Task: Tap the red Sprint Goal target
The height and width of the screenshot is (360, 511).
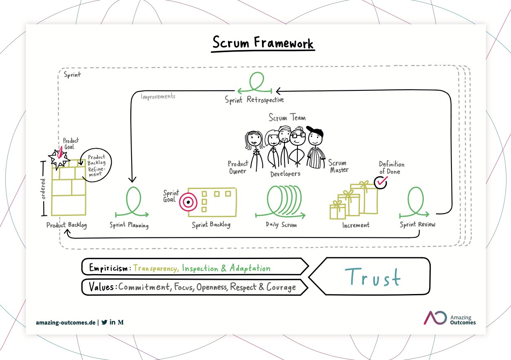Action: [x=188, y=202]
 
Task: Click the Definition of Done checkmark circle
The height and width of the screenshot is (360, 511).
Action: [x=381, y=182]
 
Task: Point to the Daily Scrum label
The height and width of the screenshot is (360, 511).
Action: [x=281, y=225]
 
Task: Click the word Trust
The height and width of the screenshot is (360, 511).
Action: [x=372, y=277]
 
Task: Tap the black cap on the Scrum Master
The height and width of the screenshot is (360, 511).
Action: [x=315, y=131]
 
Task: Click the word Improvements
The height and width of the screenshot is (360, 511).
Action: [x=158, y=97]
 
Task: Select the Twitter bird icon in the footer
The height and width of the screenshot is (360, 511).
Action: [x=104, y=322]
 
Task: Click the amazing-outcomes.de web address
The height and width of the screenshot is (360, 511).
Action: [x=66, y=323]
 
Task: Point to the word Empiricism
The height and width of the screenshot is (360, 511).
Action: [x=108, y=268]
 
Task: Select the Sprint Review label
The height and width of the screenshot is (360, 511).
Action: [x=417, y=224]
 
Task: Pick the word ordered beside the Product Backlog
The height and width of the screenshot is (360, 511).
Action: [x=43, y=189]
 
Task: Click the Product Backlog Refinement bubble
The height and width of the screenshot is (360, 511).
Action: [x=97, y=165]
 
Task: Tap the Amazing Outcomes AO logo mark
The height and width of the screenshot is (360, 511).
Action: [x=435, y=318]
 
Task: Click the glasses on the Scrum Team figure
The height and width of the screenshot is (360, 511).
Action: [x=298, y=136]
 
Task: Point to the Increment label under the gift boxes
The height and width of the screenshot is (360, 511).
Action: [x=356, y=225]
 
